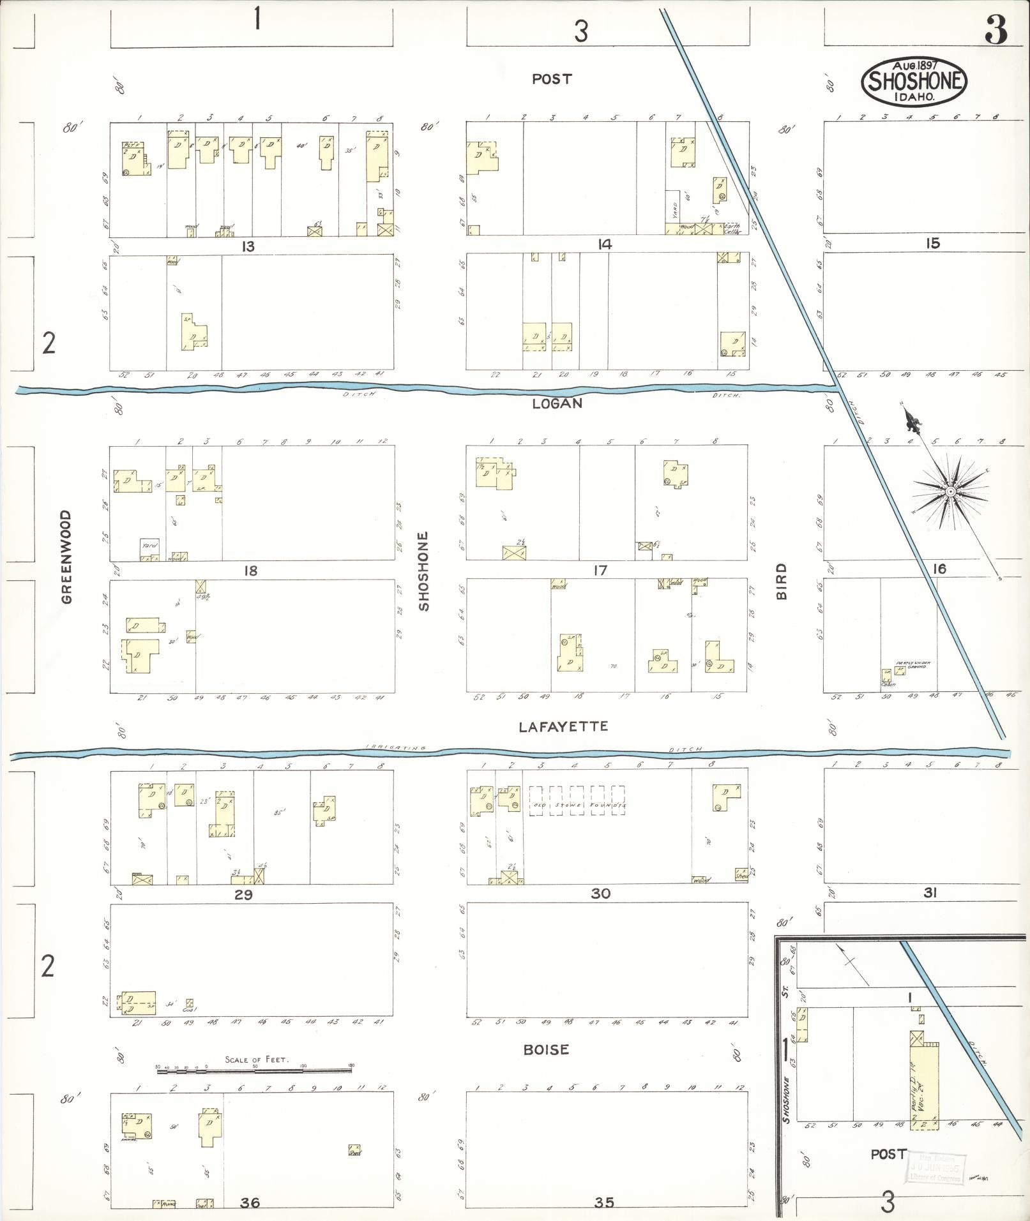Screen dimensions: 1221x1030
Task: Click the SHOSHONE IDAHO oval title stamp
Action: [x=914, y=82]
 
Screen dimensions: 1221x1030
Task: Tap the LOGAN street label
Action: [x=557, y=403]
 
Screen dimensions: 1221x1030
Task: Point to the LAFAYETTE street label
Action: [x=563, y=726]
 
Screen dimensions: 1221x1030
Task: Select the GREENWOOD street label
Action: [x=67, y=557]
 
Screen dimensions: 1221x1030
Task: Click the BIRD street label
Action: [x=782, y=581]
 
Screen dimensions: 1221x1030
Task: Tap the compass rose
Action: [x=950, y=492]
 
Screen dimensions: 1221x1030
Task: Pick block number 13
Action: [x=248, y=246]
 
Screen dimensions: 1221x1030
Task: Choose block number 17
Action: [x=600, y=570]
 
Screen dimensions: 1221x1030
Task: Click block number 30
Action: [x=600, y=894]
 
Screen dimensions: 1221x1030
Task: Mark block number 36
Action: [x=250, y=1202]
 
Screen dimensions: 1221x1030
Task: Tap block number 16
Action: [x=939, y=569]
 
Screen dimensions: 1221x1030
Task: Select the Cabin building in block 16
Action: [x=887, y=676]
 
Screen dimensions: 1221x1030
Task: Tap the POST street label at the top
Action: [x=552, y=79]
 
